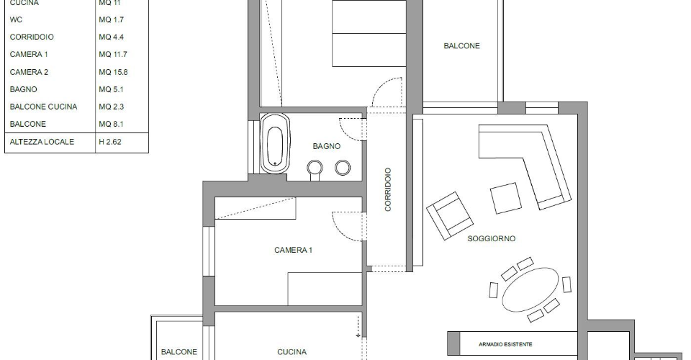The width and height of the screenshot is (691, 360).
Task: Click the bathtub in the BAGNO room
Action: (x=274, y=144)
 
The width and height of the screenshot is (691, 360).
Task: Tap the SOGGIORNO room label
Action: (x=492, y=239)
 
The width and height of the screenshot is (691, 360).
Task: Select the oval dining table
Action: (x=530, y=289)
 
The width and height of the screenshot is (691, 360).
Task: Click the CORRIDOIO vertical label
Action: (x=388, y=189)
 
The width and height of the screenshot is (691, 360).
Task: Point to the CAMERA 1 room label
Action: (x=293, y=251)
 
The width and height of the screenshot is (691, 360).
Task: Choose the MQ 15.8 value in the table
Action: (x=113, y=72)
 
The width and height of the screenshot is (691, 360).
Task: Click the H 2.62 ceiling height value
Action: (x=110, y=142)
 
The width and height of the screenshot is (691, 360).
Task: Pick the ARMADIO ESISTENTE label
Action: (x=505, y=344)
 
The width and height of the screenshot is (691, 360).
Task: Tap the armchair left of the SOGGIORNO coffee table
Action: (x=449, y=215)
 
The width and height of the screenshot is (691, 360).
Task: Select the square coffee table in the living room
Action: (x=506, y=198)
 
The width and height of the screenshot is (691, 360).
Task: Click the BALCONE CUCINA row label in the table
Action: (x=43, y=107)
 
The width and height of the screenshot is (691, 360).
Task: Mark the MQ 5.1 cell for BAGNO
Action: (x=111, y=89)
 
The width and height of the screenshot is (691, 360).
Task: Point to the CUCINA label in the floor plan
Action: (x=292, y=352)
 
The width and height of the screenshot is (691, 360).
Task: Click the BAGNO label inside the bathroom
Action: (x=327, y=146)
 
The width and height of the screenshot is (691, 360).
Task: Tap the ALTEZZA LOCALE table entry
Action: (x=42, y=142)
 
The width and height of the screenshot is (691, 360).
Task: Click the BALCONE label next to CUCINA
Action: (x=179, y=352)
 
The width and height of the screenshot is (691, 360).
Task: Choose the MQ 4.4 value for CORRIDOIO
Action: (x=111, y=37)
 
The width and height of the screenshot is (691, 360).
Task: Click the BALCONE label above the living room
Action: (x=461, y=46)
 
